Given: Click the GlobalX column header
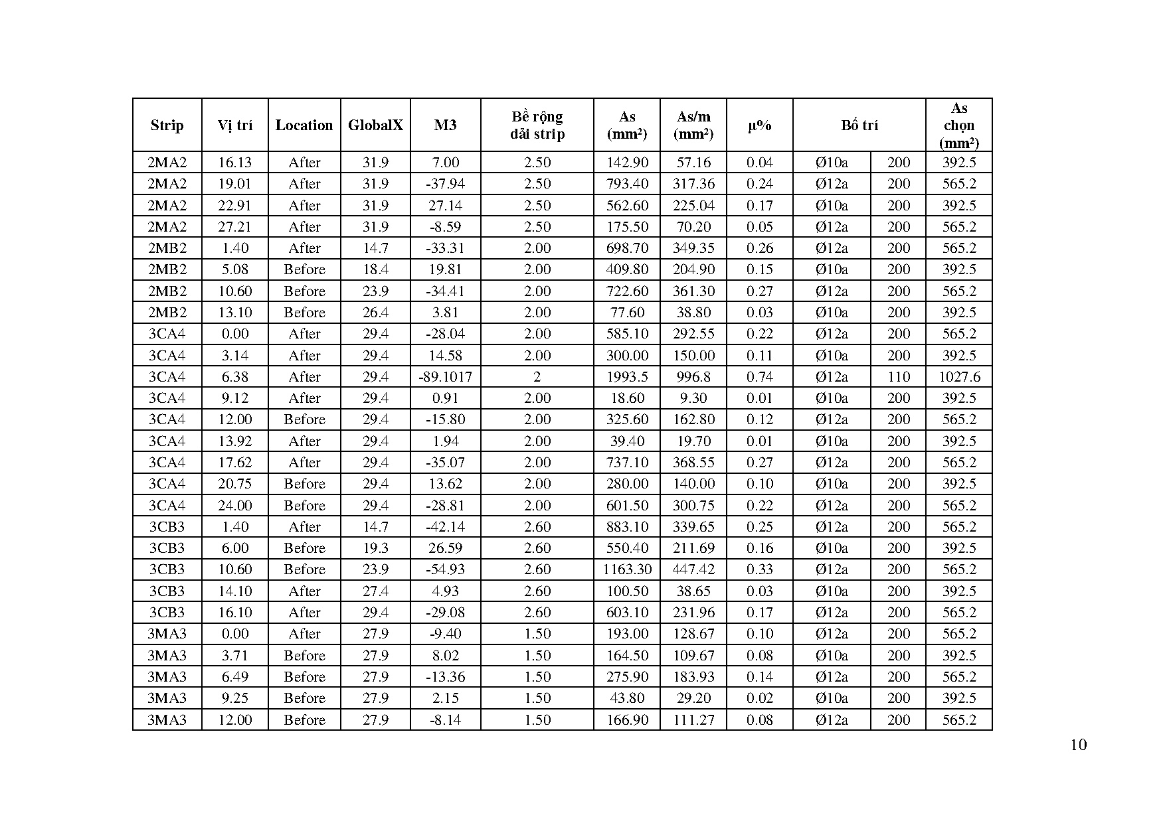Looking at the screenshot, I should (x=375, y=125).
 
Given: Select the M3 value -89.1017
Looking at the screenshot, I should (x=445, y=377).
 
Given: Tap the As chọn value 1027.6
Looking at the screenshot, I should (x=959, y=377).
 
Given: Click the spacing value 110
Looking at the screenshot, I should (x=898, y=377).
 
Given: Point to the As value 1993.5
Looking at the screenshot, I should (x=627, y=377).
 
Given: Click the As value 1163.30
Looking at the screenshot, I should (x=627, y=569).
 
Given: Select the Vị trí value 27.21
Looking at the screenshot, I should (x=234, y=227).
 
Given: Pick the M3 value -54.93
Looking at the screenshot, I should (x=445, y=569).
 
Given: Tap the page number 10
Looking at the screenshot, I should (x=1079, y=745).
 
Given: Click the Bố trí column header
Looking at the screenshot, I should (x=859, y=125).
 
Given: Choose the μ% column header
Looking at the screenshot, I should (x=759, y=125).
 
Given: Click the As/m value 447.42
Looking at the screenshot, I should (x=693, y=569).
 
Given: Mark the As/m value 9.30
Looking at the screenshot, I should (x=693, y=398).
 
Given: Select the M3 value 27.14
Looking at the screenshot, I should (x=445, y=206).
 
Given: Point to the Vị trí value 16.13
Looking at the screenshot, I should (x=234, y=163).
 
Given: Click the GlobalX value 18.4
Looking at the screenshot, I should (x=375, y=269).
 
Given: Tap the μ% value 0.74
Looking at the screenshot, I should (x=759, y=377).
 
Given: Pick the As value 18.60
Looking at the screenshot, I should (x=627, y=398).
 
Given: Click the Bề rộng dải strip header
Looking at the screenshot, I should (x=537, y=125).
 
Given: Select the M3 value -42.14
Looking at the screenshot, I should (x=445, y=527).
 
